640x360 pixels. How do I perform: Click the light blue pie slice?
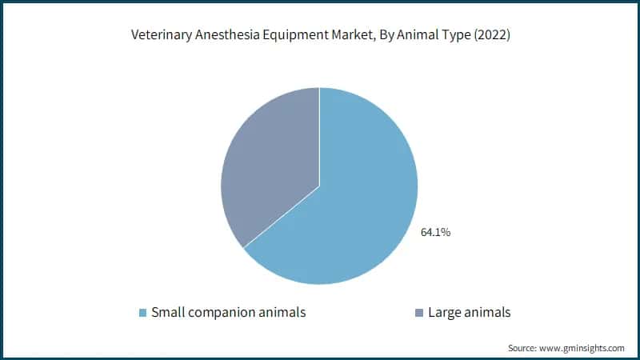pos(360,208)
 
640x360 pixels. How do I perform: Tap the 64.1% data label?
pos(435,233)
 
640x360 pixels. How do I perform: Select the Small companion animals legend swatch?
pos(143,313)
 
